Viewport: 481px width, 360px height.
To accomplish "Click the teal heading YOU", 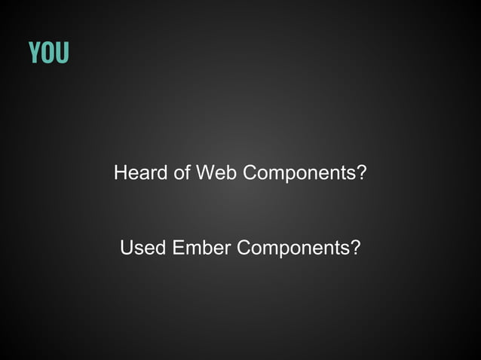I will click(48, 53).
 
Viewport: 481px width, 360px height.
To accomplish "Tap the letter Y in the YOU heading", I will click(35, 53).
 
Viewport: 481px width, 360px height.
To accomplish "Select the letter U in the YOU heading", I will click(62, 53).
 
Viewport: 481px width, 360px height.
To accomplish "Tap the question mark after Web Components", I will click(362, 173).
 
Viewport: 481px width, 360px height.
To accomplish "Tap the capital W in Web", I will click(206, 173).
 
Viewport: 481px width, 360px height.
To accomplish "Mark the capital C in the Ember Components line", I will click(245, 248).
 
